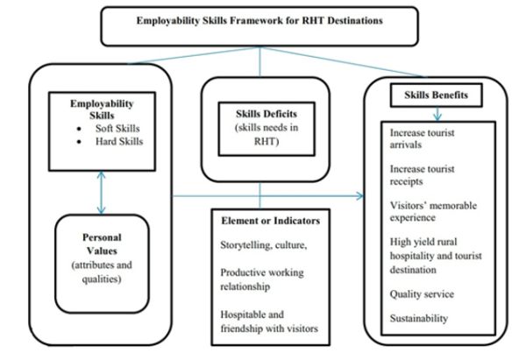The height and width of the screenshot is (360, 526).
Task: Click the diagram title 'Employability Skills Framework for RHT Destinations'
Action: [259, 21]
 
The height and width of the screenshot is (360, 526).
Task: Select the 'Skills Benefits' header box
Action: [435, 94]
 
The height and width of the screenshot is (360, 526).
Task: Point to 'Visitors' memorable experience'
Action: [429, 210]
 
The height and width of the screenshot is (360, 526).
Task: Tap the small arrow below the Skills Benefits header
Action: [436, 113]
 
